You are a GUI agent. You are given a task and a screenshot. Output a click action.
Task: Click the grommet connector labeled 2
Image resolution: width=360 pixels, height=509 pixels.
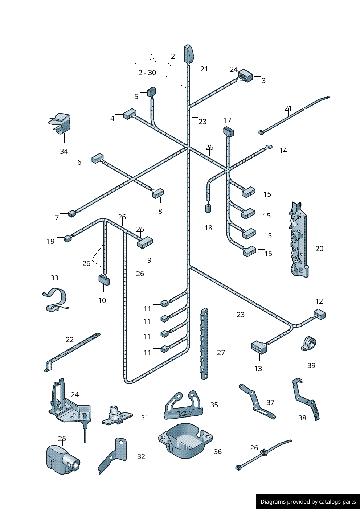pos(188,54)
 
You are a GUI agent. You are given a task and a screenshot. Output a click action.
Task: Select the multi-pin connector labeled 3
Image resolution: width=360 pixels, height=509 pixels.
pos(245,76)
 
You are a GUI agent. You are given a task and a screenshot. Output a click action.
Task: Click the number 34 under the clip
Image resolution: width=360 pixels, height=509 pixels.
pos(64,151)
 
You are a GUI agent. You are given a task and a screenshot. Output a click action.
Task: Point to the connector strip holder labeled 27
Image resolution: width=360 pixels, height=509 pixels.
pos(205,344)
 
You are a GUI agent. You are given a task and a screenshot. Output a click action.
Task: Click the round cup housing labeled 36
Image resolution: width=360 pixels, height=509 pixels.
pos(185,441)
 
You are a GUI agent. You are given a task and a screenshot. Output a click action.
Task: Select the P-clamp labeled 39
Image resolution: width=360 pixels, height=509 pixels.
pos(309,344)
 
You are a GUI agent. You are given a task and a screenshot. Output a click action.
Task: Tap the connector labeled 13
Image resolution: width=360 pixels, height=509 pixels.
pos(259,347)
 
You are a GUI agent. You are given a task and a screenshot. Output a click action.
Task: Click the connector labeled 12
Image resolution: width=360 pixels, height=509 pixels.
pos(320,314)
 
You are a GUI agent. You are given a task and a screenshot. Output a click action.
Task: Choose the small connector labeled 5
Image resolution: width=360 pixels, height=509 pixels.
pos(151,92)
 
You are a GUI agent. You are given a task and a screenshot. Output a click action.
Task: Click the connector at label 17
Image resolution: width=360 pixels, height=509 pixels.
pos(228,131)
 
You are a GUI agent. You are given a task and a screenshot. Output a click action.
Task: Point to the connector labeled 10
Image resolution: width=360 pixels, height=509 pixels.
pos(104,280)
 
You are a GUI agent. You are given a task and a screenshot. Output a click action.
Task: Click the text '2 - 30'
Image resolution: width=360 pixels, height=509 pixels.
pos(147,73)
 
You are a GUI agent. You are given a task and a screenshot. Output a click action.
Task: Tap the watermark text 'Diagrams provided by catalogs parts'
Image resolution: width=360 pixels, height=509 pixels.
pos(308,502)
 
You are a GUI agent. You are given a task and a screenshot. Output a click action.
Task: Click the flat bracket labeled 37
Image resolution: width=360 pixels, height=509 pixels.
pos(257,402)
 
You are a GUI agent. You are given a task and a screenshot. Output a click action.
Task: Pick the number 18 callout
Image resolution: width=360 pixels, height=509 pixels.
pos(208,228)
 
